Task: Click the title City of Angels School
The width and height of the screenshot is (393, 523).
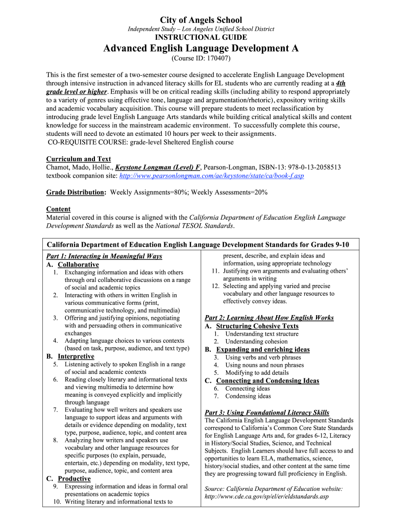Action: click(x=201, y=20)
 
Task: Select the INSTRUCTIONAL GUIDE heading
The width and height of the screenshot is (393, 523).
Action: click(x=201, y=37)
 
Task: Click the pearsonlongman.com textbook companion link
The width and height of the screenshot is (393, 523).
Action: click(x=211, y=176)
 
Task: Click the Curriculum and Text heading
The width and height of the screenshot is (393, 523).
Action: click(x=79, y=159)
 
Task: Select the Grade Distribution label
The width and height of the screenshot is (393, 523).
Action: click(x=76, y=192)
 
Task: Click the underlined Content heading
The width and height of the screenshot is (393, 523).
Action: click(x=58, y=209)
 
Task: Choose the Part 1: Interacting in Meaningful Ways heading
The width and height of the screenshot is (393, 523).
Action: click(x=104, y=256)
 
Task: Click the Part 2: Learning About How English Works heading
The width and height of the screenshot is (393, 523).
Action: click(x=269, y=318)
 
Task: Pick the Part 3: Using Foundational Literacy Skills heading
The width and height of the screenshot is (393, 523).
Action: click(x=266, y=413)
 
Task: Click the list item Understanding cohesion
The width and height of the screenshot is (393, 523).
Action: click(x=256, y=342)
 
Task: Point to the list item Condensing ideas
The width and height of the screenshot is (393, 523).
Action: click(x=248, y=396)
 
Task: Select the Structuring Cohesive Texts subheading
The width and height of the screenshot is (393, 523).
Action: click(x=257, y=326)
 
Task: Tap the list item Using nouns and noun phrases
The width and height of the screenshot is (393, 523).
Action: click(x=264, y=365)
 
